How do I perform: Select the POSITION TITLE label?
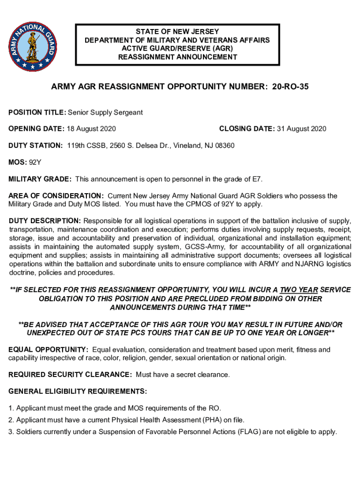point(37,112)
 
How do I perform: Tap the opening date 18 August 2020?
point(91,129)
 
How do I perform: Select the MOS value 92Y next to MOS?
point(35,162)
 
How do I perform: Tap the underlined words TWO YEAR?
point(299,290)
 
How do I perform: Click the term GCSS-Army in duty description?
point(204,247)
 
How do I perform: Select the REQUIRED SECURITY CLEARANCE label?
point(70,375)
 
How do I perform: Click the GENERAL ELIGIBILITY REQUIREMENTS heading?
point(78,391)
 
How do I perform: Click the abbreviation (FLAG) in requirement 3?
point(249,432)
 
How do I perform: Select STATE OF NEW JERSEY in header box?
point(177,32)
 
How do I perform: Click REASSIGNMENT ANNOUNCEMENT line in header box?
point(177,57)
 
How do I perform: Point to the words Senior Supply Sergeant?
point(105,112)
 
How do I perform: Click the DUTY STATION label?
point(36,145)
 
